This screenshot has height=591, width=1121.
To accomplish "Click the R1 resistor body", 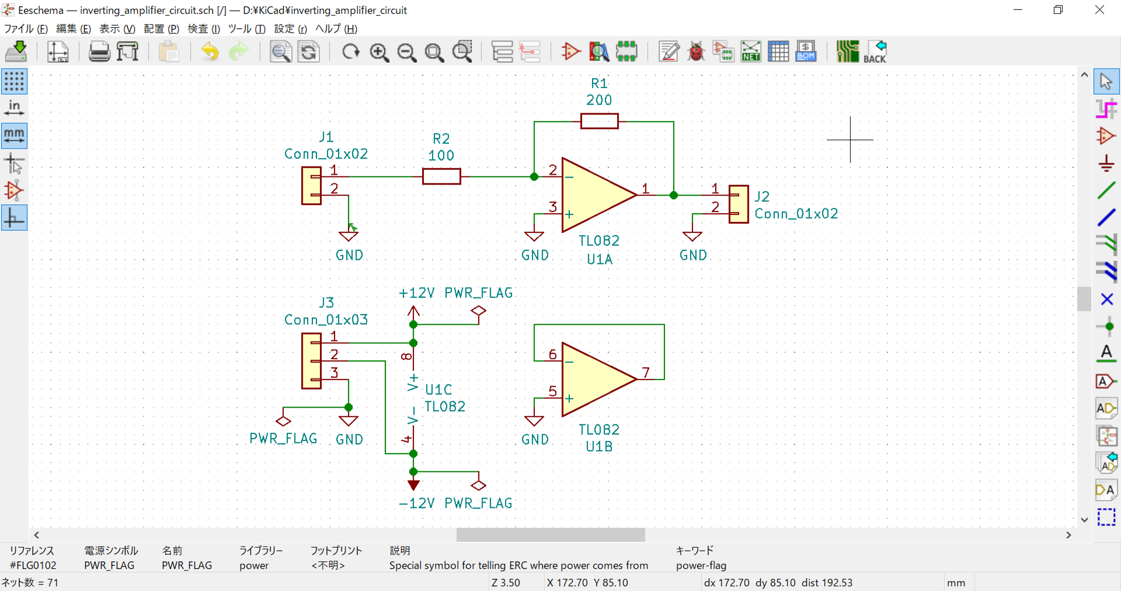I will (x=599, y=121).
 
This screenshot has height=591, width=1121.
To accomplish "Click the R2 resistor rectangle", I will (x=441, y=176).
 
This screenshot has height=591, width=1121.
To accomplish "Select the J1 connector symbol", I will (x=311, y=186).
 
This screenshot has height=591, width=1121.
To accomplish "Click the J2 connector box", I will (x=739, y=204).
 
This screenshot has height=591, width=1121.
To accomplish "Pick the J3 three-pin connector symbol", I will (x=311, y=361).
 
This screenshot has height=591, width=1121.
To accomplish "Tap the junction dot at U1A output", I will (x=673, y=195).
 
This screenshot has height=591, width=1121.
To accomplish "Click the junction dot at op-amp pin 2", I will (x=534, y=176).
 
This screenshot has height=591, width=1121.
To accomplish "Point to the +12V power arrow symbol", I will (x=413, y=311).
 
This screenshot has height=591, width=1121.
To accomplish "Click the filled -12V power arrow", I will (x=413, y=485).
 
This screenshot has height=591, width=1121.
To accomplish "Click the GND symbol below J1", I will (x=349, y=236).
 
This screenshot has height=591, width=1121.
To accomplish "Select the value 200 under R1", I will (x=599, y=100).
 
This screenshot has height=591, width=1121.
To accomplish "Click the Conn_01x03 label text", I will (x=326, y=320).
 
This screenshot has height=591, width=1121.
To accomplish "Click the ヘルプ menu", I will (x=336, y=29).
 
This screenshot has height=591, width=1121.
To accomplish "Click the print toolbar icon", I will (x=99, y=52).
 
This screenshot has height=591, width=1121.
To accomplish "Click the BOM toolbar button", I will (x=806, y=52).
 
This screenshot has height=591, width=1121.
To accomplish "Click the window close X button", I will (x=1099, y=10).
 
